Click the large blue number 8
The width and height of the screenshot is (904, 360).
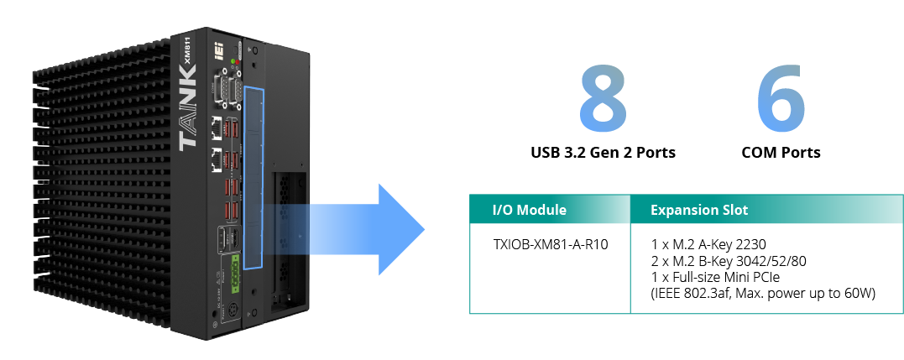pyautogui.click(x=603, y=99)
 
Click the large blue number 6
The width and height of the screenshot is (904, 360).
pyautogui.click(x=781, y=99)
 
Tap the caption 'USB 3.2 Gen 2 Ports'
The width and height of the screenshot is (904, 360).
pyautogui.click(x=603, y=153)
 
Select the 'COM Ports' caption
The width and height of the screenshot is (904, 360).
pyautogui.click(x=781, y=153)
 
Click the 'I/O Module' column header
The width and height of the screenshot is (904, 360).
pyautogui.click(x=529, y=210)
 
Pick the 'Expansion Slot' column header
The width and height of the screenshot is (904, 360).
pyautogui.click(x=699, y=210)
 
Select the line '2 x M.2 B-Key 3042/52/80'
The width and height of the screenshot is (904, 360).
pyautogui.click(x=728, y=262)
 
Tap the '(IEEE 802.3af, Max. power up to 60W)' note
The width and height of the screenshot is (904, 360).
pyautogui.click(x=763, y=294)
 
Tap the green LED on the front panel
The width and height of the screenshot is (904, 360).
pyautogui.click(x=232, y=60)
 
